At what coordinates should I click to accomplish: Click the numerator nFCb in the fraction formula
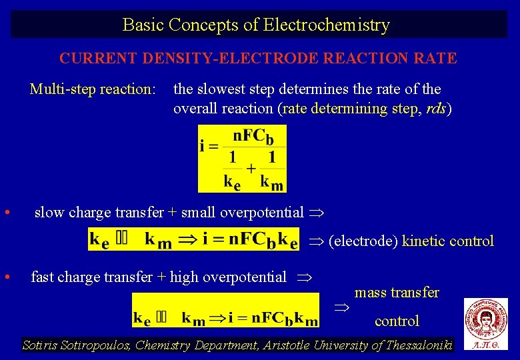(x=253, y=137)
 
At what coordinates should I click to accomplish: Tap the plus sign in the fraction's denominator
(x=251, y=167)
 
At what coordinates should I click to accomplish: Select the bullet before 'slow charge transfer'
(x=6, y=213)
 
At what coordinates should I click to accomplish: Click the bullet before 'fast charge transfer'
(x=6, y=276)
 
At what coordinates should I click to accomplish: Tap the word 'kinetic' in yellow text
(x=424, y=241)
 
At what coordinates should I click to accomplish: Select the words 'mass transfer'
(x=397, y=293)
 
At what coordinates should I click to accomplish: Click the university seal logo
(x=485, y=319)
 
